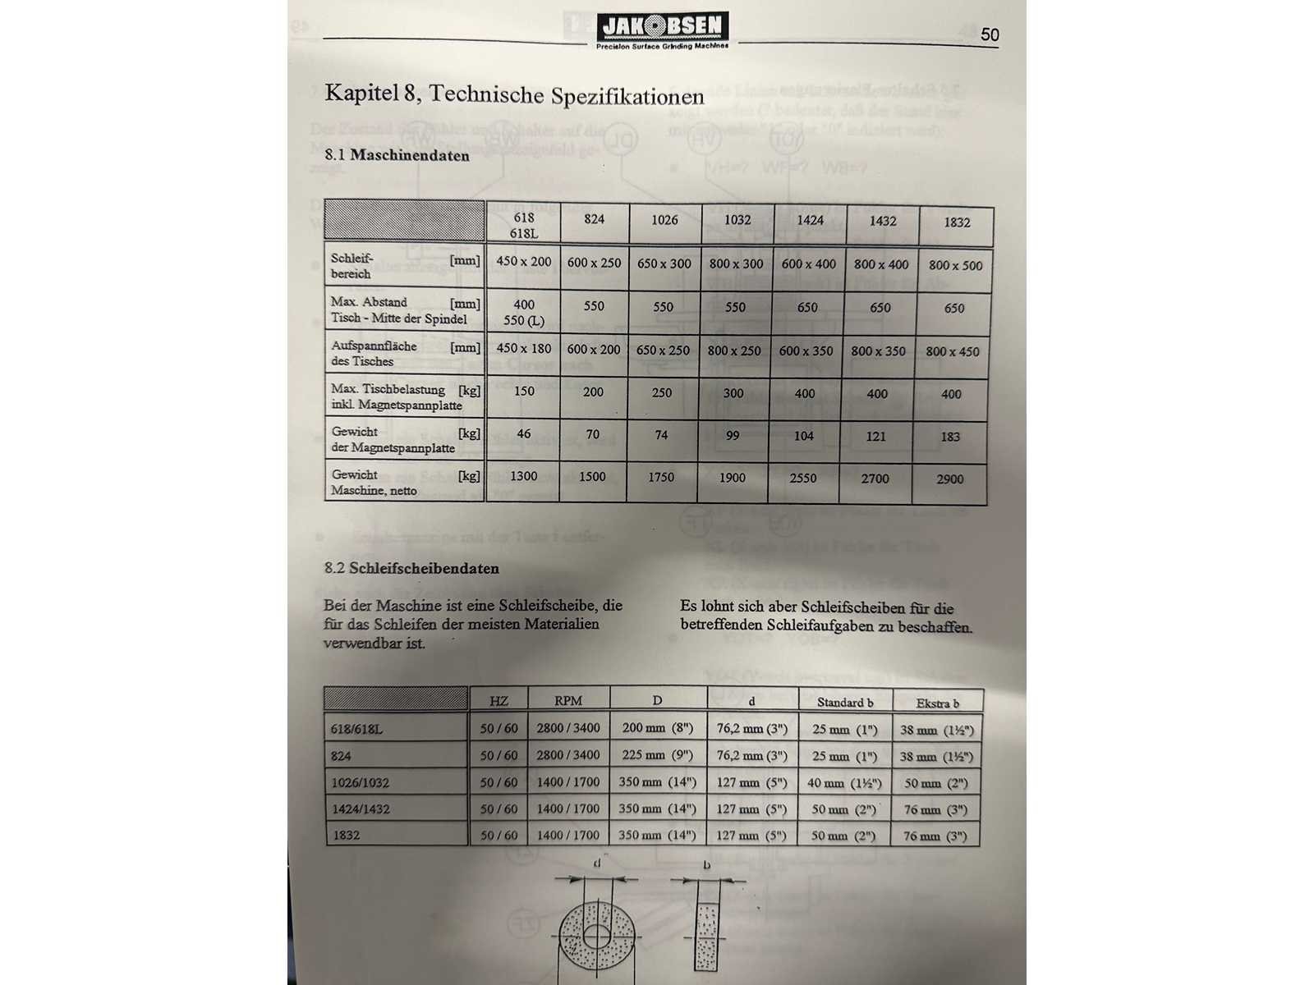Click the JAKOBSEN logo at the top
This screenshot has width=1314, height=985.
coord(662,30)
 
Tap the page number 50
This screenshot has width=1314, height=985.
coord(990,34)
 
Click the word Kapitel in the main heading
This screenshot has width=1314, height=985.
coord(361,92)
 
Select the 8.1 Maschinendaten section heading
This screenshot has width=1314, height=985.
coord(397,155)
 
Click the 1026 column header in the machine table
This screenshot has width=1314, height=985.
coord(664,220)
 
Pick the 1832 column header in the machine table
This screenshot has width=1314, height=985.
coord(957,222)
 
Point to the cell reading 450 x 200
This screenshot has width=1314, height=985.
coord(524,261)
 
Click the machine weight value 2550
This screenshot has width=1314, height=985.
coord(803,478)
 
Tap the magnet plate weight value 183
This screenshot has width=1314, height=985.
coord(950,437)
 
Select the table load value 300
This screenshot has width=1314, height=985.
coord(733,393)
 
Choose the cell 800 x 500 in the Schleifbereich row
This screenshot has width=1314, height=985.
coord(955,265)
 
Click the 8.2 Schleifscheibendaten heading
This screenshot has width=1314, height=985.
coord(411,568)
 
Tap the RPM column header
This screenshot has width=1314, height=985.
coord(567,701)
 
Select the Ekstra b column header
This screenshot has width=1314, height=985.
coord(937,703)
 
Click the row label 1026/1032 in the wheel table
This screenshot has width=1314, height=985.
coord(361,782)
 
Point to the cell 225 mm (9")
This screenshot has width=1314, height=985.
coord(657,755)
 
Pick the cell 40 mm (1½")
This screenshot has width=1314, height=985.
coord(843,783)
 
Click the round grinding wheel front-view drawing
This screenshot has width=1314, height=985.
coord(597,935)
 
